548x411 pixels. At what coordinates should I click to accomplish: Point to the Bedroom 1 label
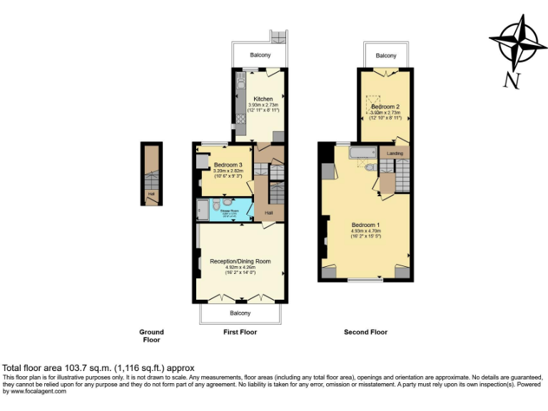[x=366, y=225]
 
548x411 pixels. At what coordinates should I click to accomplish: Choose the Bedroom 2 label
[x=385, y=106]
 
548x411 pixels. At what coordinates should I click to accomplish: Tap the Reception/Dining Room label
[x=240, y=261]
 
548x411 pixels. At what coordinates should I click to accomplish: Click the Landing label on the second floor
[x=395, y=153]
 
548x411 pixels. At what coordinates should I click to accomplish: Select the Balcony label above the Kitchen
[x=260, y=55]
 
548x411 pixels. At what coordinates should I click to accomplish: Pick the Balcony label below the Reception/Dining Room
[x=240, y=313]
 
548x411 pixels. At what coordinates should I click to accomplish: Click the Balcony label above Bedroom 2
[x=386, y=55]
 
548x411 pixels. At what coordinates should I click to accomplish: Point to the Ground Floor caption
[x=151, y=336]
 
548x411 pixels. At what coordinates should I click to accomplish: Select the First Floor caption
[x=240, y=333]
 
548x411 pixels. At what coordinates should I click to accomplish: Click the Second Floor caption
[x=365, y=333]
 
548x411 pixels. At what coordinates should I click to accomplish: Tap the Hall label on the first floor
[x=269, y=213]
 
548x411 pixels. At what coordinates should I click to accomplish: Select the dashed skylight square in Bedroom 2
[x=374, y=101]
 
